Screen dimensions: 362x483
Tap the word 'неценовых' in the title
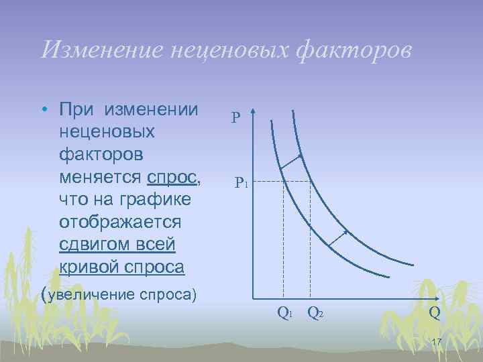pyautogui.click(x=225, y=50)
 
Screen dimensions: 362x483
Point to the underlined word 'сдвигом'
pyautogui.click(x=101, y=245)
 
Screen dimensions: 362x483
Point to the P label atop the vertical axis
pyautogui.click(x=236, y=119)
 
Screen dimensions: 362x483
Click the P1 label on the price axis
pyautogui.click(x=241, y=182)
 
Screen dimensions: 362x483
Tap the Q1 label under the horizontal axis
pyautogui.click(x=284, y=312)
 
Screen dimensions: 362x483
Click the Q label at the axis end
pyautogui.click(x=435, y=312)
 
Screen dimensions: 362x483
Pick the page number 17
pyautogui.click(x=435, y=343)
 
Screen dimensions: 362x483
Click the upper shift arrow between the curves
pyautogui.click(x=291, y=161)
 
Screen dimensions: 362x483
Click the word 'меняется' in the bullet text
pyautogui.click(x=99, y=178)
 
